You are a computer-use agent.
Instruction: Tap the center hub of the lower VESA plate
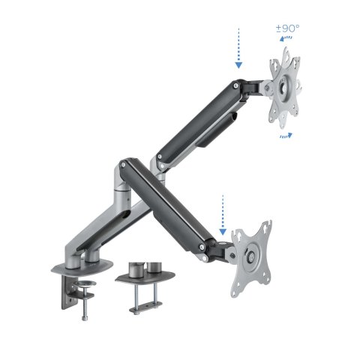(x=247, y=255)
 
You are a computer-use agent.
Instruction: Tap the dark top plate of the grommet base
(x=142, y=280)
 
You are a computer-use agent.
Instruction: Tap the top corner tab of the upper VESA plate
(x=286, y=52)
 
